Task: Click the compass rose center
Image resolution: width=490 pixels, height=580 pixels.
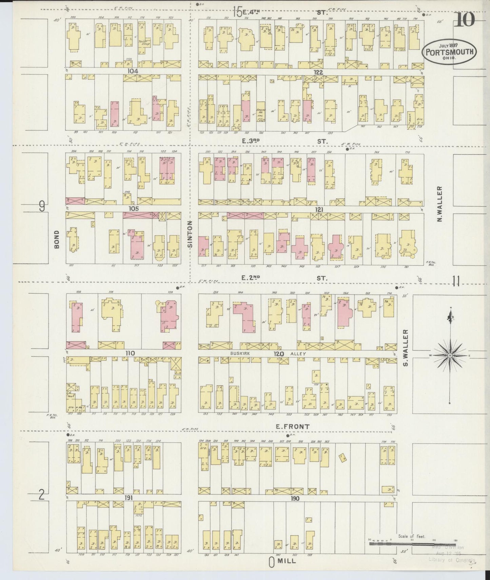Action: click(x=450, y=355)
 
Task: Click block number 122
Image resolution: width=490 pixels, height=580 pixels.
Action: click(x=318, y=72)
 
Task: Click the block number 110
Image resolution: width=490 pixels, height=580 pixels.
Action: click(x=130, y=353)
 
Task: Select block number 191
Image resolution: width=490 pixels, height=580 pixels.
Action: click(x=128, y=498)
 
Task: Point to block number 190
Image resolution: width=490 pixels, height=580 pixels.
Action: click(x=295, y=499)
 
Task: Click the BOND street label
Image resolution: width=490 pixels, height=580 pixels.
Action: click(x=57, y=239)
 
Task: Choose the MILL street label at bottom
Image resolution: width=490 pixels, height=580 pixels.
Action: click(x=287, y=561)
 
